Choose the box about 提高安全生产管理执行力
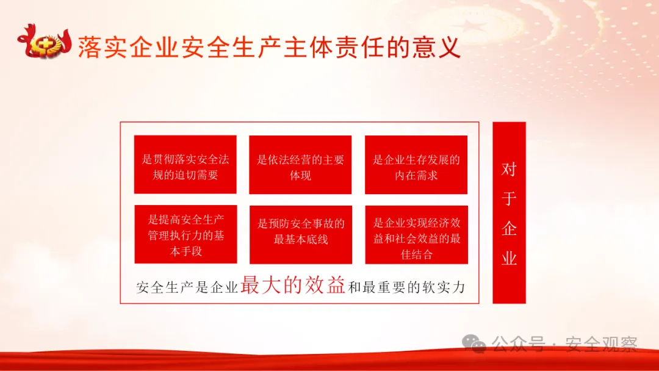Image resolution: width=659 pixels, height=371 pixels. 185,234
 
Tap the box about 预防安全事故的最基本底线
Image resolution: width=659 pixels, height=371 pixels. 300,234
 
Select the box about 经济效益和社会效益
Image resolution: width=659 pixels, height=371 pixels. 416,234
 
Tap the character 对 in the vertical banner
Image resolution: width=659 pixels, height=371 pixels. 509,170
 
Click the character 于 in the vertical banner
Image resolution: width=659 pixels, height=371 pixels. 509,199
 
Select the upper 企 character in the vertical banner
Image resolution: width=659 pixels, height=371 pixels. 509,229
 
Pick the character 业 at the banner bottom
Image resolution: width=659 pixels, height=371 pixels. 509,258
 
